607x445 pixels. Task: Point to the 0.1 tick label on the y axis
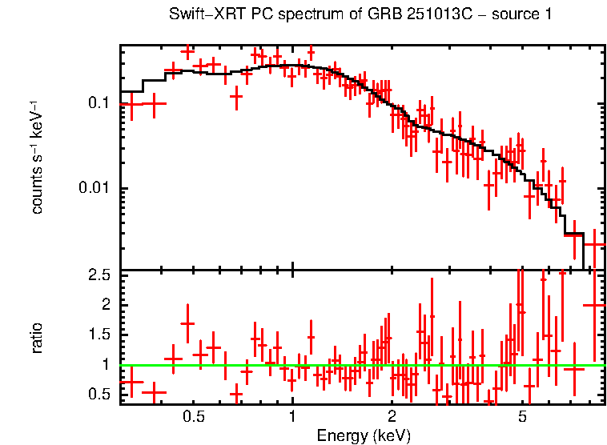pos(98,103)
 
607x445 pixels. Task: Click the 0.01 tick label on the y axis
pos(94,188)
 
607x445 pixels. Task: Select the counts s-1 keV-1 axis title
pos(37,156)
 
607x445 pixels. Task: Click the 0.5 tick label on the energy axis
pos(194,417)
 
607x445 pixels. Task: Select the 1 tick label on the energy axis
pos(292,417)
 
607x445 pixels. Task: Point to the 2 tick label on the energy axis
pos(392,417)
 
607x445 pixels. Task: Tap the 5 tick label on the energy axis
pos(522,417)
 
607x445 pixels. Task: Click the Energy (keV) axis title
pos(364,435)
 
